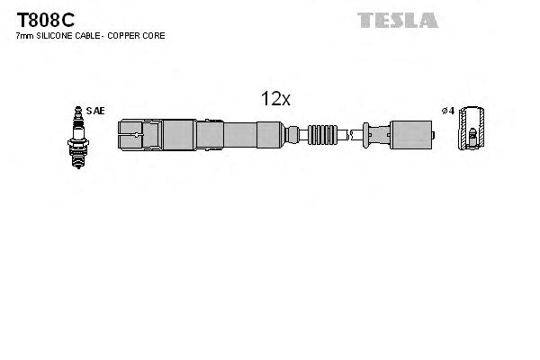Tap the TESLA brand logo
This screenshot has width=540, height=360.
[x=398, y=20]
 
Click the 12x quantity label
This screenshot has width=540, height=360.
[x=275, y=100]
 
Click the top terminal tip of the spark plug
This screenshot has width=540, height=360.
[x=77, y=110]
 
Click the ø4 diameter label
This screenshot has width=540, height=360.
[x=447, y=111]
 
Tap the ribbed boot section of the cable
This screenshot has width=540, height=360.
[x=321, y=135]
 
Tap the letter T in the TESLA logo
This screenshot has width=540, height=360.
[x=365, y=20]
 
